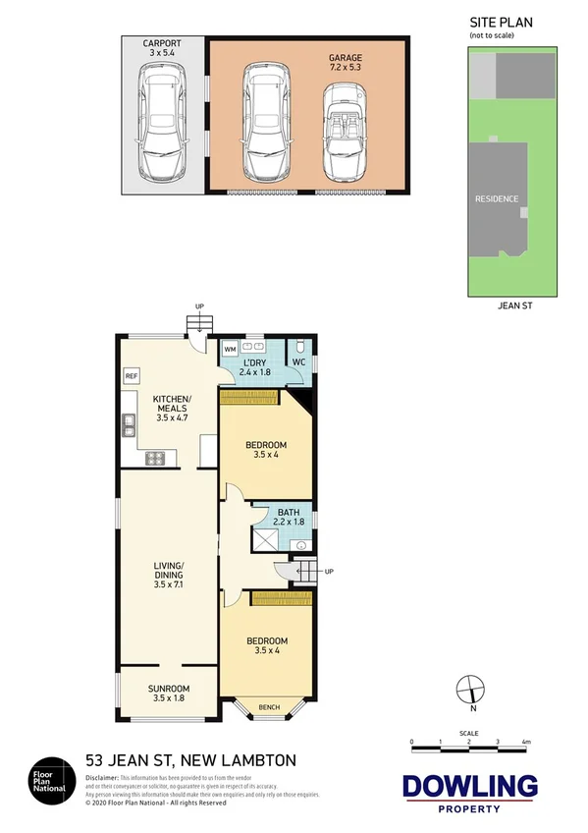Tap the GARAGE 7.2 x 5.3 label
pos(345,64)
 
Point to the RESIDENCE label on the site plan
pos(497,198)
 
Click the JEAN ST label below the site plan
pos(514,306)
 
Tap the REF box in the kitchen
pos(132,376)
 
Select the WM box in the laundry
pos(230,348)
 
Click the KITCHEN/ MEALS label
pos(171,406)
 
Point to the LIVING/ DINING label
pos(169,574)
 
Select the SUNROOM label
pos(169,693)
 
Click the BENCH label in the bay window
pos(267,707)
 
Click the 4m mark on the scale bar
pos(526,741)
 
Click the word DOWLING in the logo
pos(470,787)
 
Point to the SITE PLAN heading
pos(492,22)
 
